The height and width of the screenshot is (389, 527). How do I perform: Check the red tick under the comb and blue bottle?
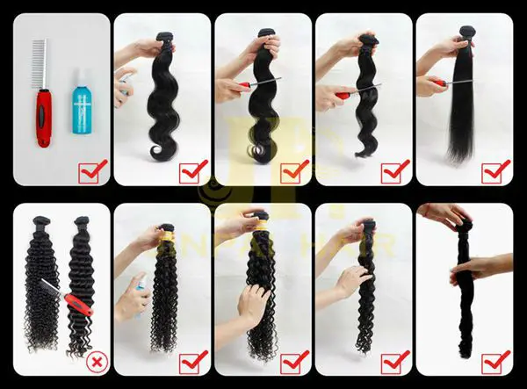[92, 169]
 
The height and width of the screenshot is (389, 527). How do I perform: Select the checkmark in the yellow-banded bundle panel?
[192, 360]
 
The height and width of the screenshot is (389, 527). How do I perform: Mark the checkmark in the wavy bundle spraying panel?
[192, 169]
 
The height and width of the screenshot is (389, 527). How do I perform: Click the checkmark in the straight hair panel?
[495, 169]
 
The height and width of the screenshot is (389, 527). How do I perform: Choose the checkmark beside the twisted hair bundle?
[495, 360]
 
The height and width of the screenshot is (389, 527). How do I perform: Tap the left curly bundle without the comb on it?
[40, 281]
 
